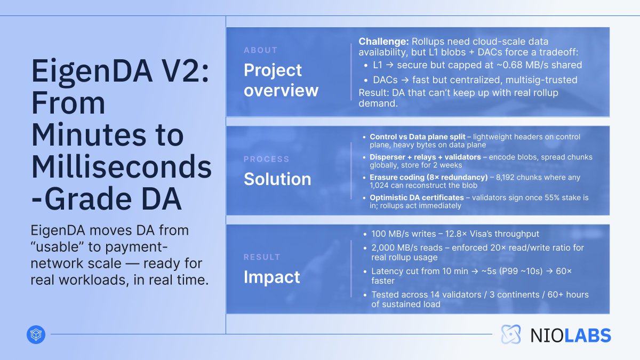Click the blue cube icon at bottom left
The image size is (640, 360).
tap(36, 334)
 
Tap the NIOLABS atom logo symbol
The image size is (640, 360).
tap(511, 334)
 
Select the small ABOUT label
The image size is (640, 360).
tap(260, 50)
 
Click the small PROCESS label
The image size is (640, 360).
tap(267, 159)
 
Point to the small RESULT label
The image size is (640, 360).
tap(262, 257)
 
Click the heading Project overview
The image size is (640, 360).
tap(281, 80)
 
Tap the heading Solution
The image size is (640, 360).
tap(277, 179)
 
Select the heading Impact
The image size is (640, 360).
tap(271, 277)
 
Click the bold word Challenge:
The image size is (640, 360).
tap(383, 42)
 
